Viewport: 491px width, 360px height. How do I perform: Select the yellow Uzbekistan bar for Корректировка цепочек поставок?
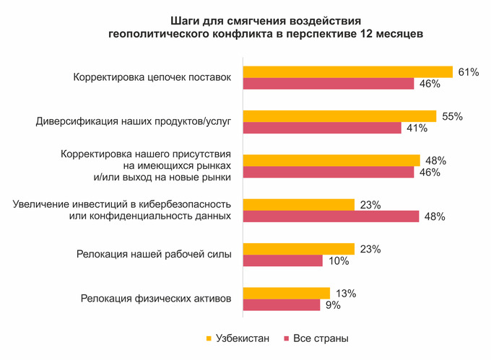pos(347,72)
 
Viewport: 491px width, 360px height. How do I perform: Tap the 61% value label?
pos(469,72)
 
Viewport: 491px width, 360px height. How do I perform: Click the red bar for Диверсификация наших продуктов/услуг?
pos(321,128)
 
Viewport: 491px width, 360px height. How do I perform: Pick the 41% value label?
pos(417,128)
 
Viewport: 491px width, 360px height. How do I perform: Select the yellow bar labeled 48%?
pos(331,160)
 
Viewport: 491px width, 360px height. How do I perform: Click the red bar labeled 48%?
pos(331,216)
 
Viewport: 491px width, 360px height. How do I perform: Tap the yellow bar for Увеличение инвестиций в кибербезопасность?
pos(298,205)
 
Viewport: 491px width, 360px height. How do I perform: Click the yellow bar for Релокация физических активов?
pos(286,293)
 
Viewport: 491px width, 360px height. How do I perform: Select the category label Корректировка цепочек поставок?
pos(152,77)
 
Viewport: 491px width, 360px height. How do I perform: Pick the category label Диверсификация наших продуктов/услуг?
pos(133,122)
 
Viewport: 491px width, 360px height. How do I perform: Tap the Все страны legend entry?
pos(317,338)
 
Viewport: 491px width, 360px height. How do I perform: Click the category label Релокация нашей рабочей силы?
pos(154,254)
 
